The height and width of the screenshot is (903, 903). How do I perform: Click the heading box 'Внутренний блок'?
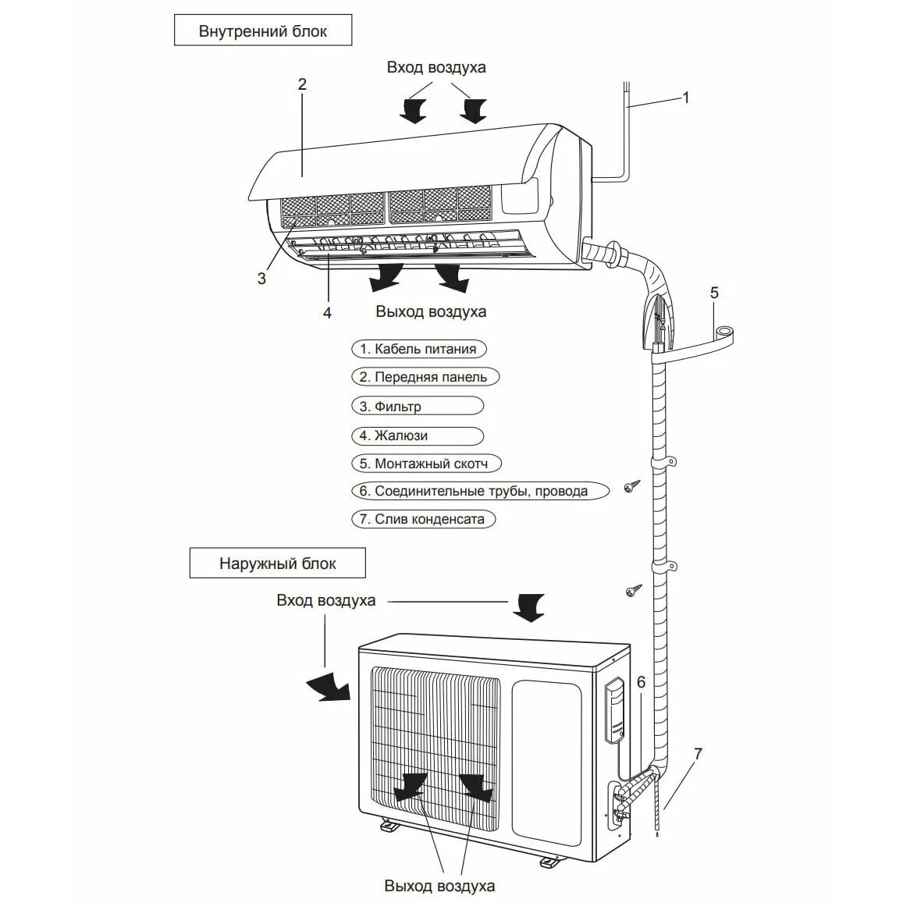[x=262, y=30]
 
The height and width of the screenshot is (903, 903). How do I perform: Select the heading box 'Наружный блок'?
[x=278, y=563]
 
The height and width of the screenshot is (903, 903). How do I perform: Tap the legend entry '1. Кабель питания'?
[x=418, y=349]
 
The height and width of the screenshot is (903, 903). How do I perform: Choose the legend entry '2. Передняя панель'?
[x=425, y=377]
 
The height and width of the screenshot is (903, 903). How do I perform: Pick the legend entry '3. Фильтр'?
[x=418, y=406]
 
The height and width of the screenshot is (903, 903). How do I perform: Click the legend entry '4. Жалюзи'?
[x=418, y=436]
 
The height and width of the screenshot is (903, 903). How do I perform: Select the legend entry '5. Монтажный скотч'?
[x=426, y=464]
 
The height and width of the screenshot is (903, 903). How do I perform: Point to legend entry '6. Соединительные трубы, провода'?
[x=480, y=491]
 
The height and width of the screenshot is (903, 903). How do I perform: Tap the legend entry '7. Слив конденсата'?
[x=423, y=519]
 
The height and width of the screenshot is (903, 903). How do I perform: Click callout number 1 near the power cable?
[x=685, y=98]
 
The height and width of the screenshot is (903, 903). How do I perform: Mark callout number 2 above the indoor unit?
[x=302, y=84]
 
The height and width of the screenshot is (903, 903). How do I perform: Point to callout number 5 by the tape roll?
[x=714, y=293]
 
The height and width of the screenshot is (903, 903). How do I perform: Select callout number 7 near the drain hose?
[x=698, y=753]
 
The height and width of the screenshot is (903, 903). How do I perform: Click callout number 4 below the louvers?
[x=327, y=313]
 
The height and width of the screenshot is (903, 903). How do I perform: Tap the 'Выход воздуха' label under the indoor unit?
[x=431, y=311]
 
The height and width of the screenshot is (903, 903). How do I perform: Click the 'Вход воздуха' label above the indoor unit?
[x=436, y=67]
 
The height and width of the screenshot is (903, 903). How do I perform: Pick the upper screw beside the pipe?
[x=631, y=487]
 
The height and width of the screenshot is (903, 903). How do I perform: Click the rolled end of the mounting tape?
[x=725, y=333]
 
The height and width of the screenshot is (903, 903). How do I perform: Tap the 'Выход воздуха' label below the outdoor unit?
[x=439, y=885]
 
